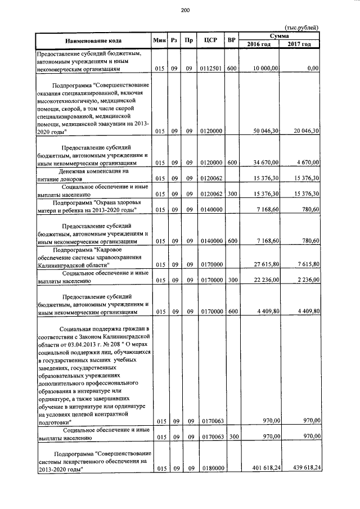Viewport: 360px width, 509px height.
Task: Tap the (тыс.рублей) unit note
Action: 302,27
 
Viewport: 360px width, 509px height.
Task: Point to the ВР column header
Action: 231,40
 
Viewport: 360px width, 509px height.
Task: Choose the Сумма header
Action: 279,35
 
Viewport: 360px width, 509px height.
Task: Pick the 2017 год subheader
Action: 300,44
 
